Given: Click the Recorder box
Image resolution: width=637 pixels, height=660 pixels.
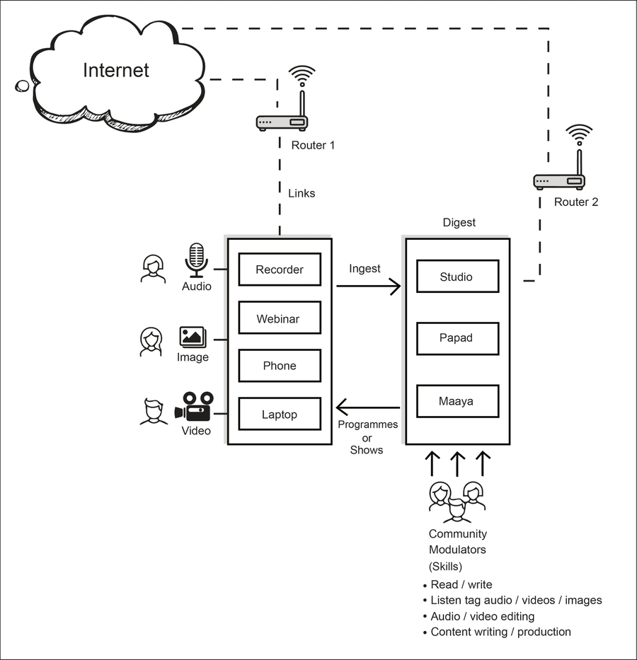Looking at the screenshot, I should tap(280, 270).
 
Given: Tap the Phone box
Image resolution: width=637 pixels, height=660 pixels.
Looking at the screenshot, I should tap(280, 366).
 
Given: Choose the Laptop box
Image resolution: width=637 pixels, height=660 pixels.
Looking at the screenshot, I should tap(280, 414).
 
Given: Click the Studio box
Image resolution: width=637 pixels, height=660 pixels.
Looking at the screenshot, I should tap(457, 277).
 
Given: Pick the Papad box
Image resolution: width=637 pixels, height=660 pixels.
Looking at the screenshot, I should tap(457, 337).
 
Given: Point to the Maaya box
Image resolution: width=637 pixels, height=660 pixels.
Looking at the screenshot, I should tap(457, 401).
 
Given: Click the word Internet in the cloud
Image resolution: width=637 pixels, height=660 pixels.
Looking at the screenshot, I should tap(116, 70).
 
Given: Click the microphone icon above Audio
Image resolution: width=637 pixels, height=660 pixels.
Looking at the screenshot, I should tap(196, 260).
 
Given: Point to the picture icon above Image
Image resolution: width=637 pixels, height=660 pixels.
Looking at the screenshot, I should tap(193, 336).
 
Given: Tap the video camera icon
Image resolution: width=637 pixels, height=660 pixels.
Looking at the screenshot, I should tap(194, 407).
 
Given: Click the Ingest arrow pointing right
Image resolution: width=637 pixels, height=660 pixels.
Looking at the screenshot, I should tap(368, 286).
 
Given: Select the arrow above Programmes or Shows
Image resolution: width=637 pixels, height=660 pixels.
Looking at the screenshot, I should tap(368, 407).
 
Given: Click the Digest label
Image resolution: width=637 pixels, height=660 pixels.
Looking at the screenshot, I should tap(459, 223).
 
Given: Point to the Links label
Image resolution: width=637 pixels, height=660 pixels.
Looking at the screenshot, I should tap(302, 193).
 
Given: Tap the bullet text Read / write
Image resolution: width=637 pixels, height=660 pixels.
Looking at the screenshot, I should tap(461, 585).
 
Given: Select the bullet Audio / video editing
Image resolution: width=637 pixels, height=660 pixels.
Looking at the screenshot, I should tap(483, 616).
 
